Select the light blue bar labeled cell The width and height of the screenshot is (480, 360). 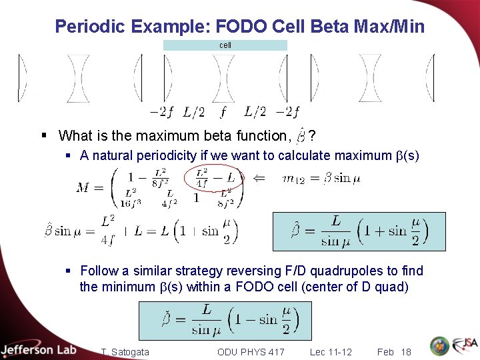click(x=225, y=45)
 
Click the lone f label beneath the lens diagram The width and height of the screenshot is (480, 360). click(x=223, y=111)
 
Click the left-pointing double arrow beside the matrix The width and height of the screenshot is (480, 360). click(x=259, y=178)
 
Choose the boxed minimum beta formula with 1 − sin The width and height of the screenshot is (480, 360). click(x=225, y=320)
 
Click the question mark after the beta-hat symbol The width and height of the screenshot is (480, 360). click(x=313, y=136)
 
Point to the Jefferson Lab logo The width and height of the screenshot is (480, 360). click(x=39, y=349)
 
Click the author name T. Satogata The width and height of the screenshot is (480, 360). click(x=125, y=351)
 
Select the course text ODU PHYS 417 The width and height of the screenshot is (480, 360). click(x=251, y=351)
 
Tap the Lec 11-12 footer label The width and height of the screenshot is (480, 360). click(x=331, y=351)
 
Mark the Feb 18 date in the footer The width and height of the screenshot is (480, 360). click(x=393, y=351)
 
